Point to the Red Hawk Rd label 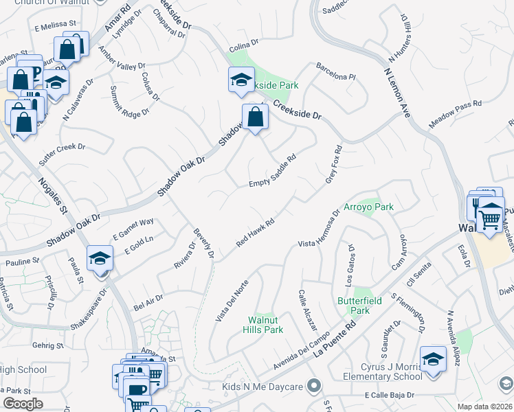pyautogui.click(x=256, y=233)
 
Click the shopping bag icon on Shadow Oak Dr pyautogui.click(x=255, y=117)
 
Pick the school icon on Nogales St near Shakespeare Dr pyautogui.click(x=100, y=259)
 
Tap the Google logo pyautogui.click(x=23, y=404)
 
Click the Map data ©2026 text pyautogui.click(x=484, y=407)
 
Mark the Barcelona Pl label pyautogui.click(x=335, y=72)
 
